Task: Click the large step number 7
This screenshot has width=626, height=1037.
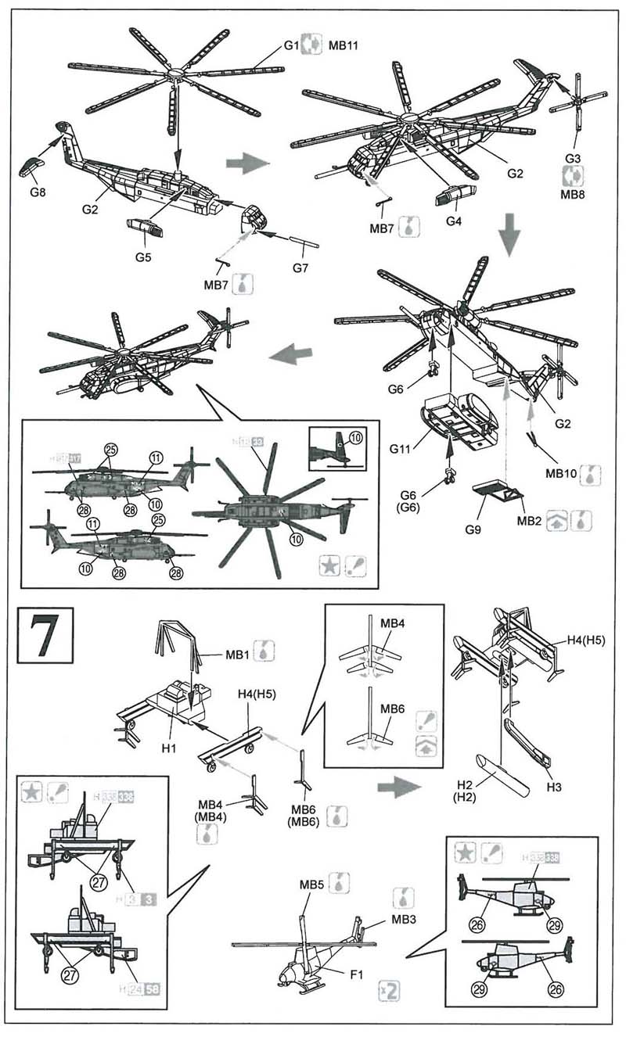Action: pos(45,634)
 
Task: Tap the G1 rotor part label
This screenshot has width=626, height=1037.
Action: pos(291,45)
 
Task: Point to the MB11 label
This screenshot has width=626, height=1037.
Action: pos(344,45)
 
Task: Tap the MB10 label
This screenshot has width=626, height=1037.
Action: pos(562,472)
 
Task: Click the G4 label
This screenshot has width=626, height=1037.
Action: pos(454,221)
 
